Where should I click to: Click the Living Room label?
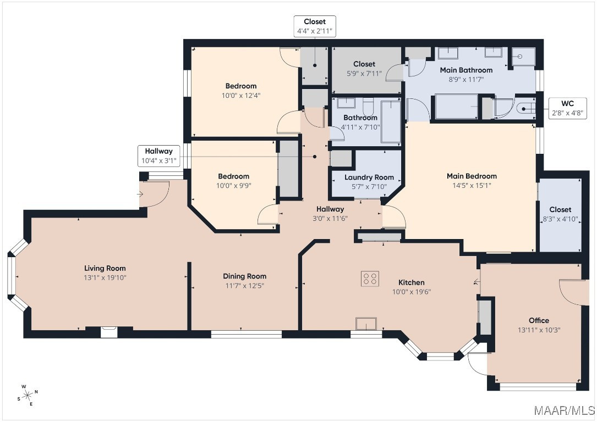pos(105,268)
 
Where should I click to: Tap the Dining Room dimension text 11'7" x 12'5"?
pos(244,286)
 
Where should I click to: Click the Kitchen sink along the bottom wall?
pos(366,324)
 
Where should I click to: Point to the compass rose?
pos(28,396)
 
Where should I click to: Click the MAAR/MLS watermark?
pos(564,410)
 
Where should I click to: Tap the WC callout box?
pos(567,108)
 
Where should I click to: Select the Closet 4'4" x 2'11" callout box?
pos(315,26)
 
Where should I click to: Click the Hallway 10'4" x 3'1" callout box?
pos(159,156)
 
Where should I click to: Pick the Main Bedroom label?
pos(472,176)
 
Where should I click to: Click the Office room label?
pos(539,320)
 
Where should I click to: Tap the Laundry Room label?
pos(369,177)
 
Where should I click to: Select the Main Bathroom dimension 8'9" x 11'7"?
pos(466,80)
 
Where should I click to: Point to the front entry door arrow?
pos(140,195)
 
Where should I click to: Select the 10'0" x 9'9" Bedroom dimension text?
pos(234,186)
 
